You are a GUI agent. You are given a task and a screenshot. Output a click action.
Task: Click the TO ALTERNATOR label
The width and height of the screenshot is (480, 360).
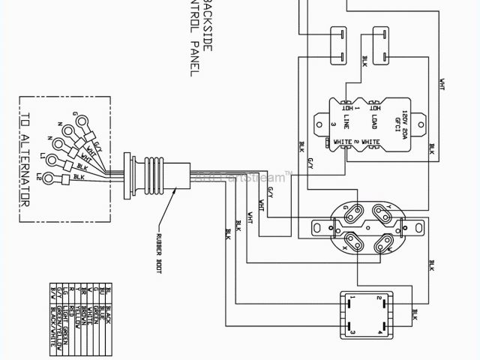25,160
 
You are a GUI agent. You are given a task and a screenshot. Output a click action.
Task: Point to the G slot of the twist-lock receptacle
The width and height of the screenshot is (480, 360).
350,213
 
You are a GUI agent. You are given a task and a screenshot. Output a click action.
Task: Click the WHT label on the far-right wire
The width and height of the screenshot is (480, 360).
442,82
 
